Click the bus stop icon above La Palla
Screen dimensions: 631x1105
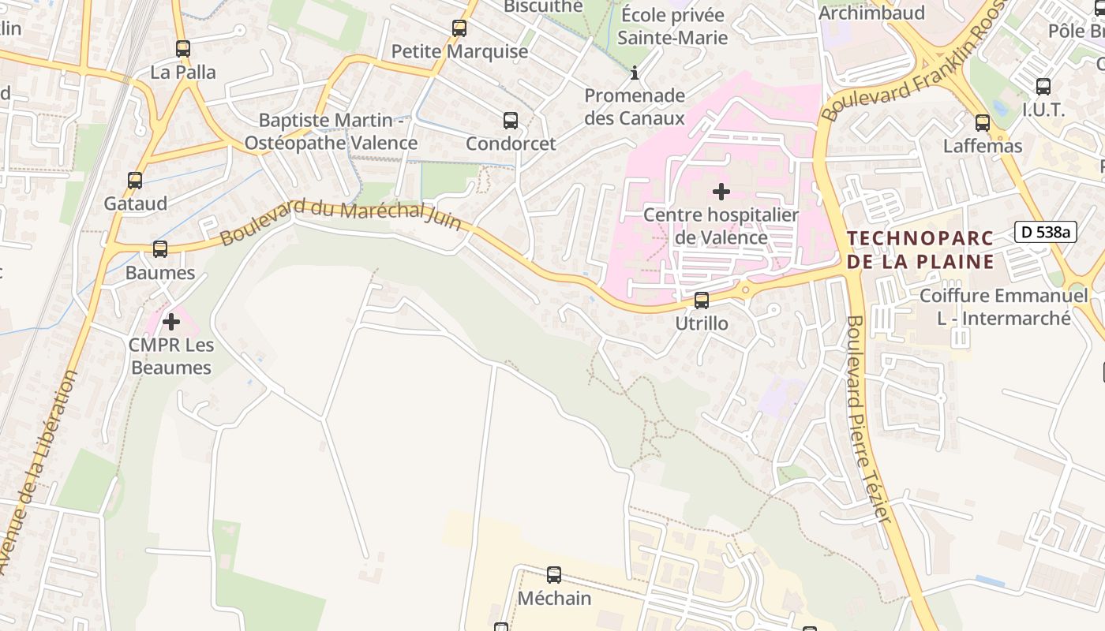click(x=183, y=49)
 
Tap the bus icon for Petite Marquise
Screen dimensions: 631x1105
click(x=459, y=29)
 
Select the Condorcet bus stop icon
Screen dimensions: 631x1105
click(x=511, y=121)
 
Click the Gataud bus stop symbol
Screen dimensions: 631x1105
click(x=135, y=181)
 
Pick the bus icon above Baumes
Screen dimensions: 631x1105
click(x=160, y=249)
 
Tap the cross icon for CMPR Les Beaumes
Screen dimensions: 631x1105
click(x=171, y=322)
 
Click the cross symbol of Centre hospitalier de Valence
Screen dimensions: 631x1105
click(x=721, y=192)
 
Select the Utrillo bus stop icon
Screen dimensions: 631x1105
click(x=701, y=301)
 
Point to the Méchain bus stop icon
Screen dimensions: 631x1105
click(x=554, y=575)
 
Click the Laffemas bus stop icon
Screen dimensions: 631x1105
click(x=983, y=123)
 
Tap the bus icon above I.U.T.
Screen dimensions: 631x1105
click(x=1043, y=87)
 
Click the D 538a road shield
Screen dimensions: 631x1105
click(x=1046, y=232)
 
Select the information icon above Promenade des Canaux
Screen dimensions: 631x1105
click(x=635, y=73)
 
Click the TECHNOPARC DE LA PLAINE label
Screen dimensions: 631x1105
click(x=920, y=250)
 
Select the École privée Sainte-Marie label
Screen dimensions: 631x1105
click(x=672, y=26)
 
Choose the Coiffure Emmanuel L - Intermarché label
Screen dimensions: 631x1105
click(x=1003, y=307)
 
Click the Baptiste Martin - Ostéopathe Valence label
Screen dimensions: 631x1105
click(x=331, y=132)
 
